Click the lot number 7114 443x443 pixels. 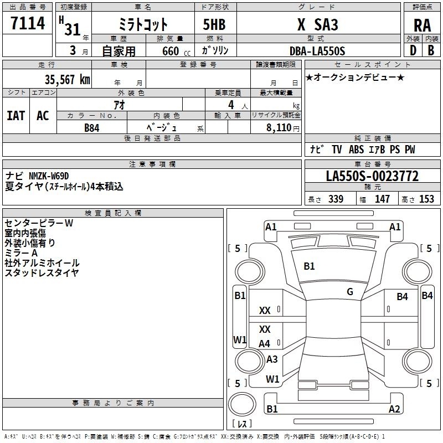[28, 23]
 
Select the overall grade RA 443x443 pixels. [423, 25]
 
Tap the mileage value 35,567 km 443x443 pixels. [67, 80]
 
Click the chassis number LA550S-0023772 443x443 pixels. [372, 176]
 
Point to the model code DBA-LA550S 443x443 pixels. [317, 51]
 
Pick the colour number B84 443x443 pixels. [92, 128]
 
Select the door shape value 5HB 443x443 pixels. [214, 24]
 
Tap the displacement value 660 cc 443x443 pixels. [176, 51]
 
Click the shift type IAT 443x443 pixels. [16, 116]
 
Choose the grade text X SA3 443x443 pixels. [317, 24]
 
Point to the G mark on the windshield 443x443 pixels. [350, 292]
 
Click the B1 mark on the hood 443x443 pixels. [309, 266]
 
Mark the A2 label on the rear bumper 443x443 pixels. [394, 409]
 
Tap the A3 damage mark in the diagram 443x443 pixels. [272, 359]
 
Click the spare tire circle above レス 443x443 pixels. [242, 404]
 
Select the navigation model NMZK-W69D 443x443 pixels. [49, 176]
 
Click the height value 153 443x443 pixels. [426, 199]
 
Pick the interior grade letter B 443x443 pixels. [431, 50]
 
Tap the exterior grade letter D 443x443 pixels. [413, 50]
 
